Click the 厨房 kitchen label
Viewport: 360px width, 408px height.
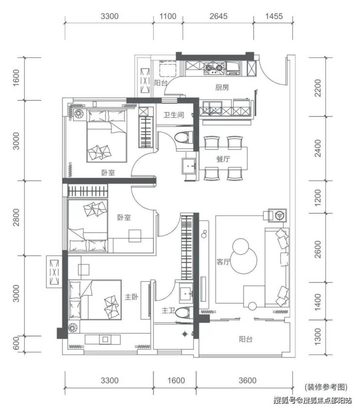(x=222, y=88)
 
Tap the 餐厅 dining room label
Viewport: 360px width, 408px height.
(x=223, y=159)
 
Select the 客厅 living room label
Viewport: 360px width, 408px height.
(x=223, y=262)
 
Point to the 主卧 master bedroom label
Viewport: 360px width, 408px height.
(x=131, y=297)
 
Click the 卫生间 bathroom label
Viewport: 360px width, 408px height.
(x=174, y=115)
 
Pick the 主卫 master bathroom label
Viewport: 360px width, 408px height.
(x=168, y=310)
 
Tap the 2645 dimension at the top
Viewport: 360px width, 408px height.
(x=218, y=17)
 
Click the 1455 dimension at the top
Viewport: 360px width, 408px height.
(x=274, y=17)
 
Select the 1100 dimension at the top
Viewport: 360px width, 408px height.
(x=168, y=17)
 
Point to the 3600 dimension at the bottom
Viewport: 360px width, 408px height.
(x=248, y=380)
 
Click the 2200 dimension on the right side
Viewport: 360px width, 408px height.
(x=318, y=88)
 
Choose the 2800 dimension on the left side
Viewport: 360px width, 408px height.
(x=16, y=217)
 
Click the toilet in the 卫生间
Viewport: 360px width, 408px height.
(x=184, y=137)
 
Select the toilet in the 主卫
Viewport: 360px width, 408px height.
(x=184, y=312)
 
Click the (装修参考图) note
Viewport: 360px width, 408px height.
(x=326, y=387)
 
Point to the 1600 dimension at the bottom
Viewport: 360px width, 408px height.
(x=176, y=380)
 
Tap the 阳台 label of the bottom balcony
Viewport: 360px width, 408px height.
(x=246, y=339)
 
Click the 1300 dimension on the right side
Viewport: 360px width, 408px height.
(x=318, y=337)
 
